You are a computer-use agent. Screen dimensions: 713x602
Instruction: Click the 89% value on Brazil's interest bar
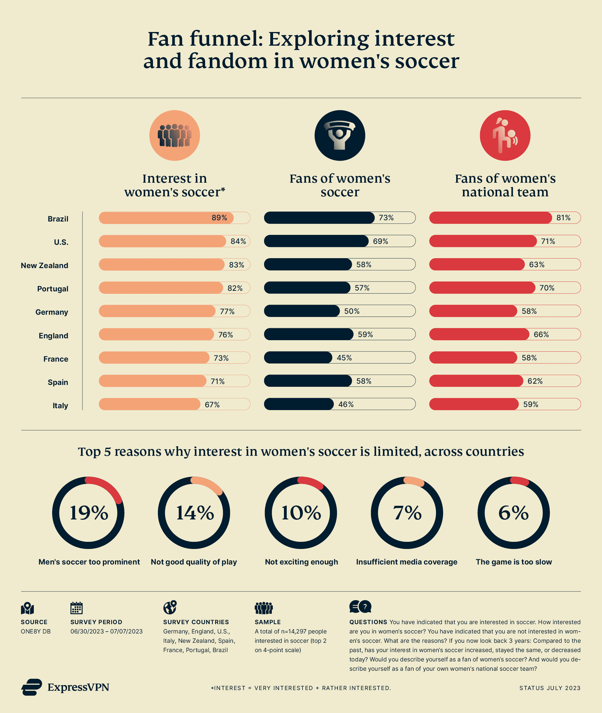click(219, 217)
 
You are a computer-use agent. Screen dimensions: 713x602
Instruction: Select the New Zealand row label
click(44, 265)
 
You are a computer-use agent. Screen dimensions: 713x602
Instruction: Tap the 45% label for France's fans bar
click(344, 358)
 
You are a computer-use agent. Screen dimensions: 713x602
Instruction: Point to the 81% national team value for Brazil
click(563, 217)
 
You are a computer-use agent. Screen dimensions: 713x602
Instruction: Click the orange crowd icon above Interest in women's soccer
click(174, 135)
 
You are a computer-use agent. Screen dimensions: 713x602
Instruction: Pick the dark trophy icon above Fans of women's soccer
click(339, 135)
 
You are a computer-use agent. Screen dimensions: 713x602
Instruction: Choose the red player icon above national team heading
click(505, 135)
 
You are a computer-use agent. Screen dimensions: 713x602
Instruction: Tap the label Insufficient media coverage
click(407, 562)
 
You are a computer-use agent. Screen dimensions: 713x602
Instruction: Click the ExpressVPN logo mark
click(32, 687)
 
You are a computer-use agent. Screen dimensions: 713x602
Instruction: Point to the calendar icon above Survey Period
click(76, 608)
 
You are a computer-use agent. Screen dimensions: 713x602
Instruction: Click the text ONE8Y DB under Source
click(35, 631)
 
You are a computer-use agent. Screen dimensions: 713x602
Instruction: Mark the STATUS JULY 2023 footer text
click(550, 688)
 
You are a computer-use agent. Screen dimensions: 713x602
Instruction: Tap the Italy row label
click(60, 405)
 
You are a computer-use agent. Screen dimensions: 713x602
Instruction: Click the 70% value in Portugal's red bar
click(547, 288)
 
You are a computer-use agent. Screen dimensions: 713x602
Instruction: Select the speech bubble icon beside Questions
click(360, 607)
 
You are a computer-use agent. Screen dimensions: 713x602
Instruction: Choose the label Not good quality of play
click(194, 562)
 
